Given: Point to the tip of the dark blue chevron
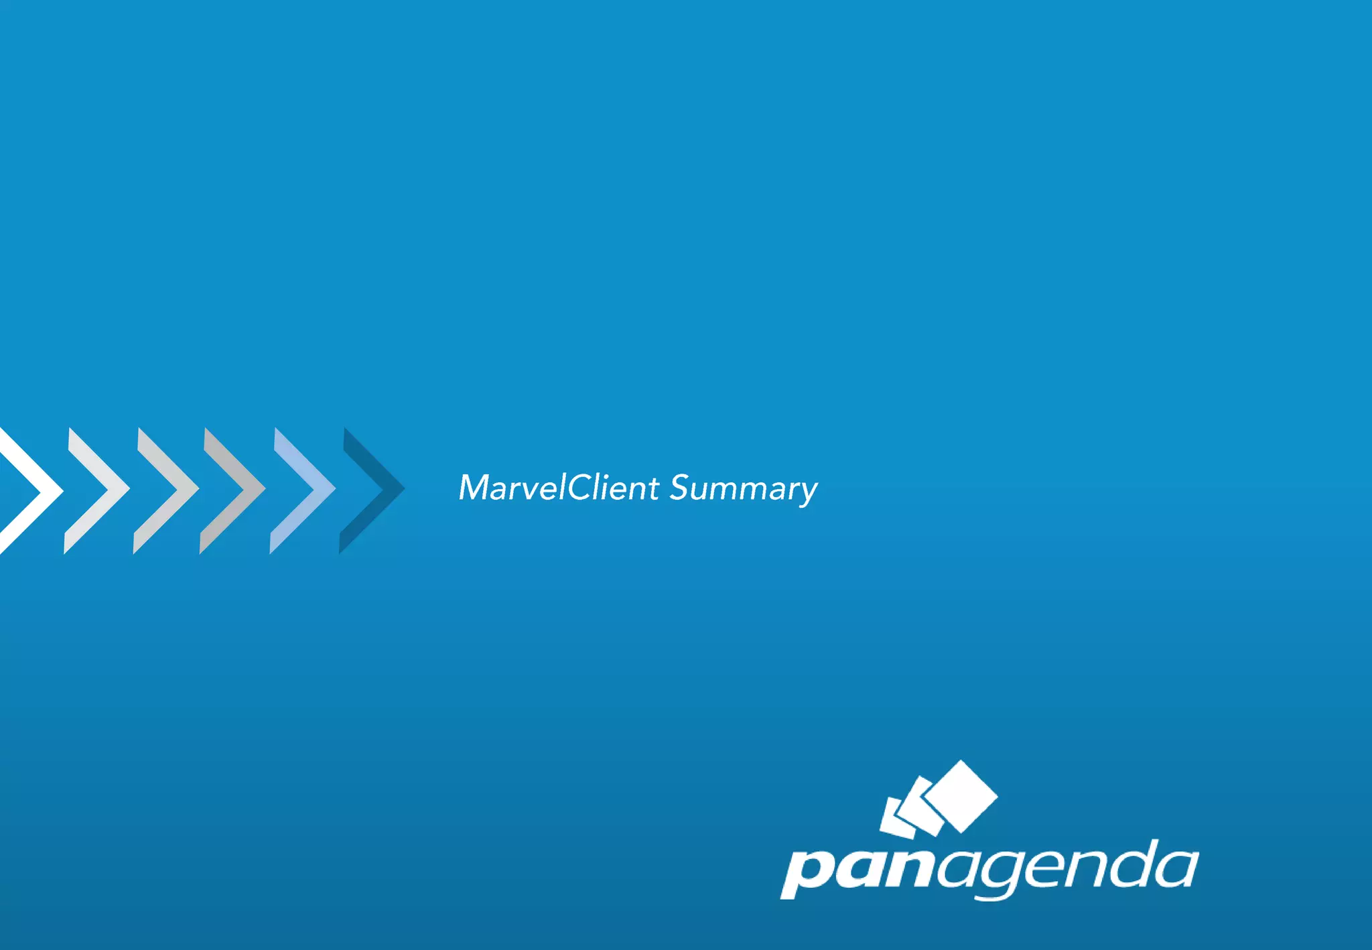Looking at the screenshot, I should [403, 489].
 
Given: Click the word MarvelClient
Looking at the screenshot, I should [559, 488].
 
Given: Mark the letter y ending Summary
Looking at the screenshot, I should [808, 493].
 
